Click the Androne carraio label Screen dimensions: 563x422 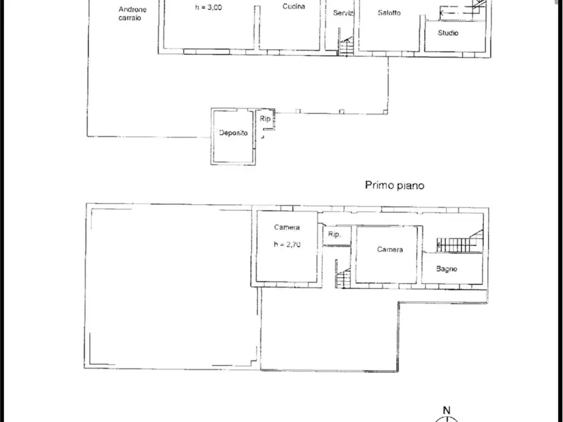pos(132,14)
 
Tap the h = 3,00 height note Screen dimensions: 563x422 pos(208,7)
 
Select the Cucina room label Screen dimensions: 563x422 pos(294,6)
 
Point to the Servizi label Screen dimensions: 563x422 pos(343,13)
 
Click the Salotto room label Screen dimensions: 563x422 pos(389,13)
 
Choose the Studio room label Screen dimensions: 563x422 pos(448,33)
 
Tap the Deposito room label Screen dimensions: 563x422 pos(233,133)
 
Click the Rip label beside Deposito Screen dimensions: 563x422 pos(265,118)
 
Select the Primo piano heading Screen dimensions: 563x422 pos(395,186)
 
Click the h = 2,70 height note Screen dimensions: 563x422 pos(287,245)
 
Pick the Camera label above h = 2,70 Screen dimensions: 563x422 pos(286,227)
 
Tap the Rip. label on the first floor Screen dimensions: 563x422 pos(334,235)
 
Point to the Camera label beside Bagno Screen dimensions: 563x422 pos(390,249)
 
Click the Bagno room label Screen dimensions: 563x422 pos(446,269)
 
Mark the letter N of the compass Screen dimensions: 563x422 pos(446,411)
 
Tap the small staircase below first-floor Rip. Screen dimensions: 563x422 pos(343,277)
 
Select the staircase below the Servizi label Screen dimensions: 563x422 pos(345,45)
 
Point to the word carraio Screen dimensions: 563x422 pos(130,18)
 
